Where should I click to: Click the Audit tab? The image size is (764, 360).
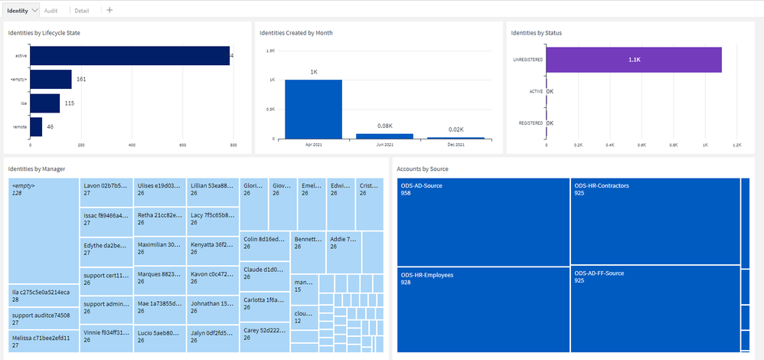tap(51, 11)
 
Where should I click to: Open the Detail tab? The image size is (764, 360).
tap(82, 11)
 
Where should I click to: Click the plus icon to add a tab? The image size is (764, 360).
tap(109, 11)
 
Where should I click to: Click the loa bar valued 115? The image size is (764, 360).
tap(45, 103)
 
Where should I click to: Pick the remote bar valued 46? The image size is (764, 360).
tap(36, 126)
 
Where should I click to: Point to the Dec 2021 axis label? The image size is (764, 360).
tap(455, 145)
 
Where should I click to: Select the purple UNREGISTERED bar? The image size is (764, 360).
tap(633, 60)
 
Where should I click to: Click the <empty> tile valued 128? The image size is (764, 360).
tap(44, 230)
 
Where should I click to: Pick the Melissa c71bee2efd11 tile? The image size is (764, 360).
tap(44, 341)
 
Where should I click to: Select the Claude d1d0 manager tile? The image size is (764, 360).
tap(264, 273)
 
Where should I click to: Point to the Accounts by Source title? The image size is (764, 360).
tap(423, 169)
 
